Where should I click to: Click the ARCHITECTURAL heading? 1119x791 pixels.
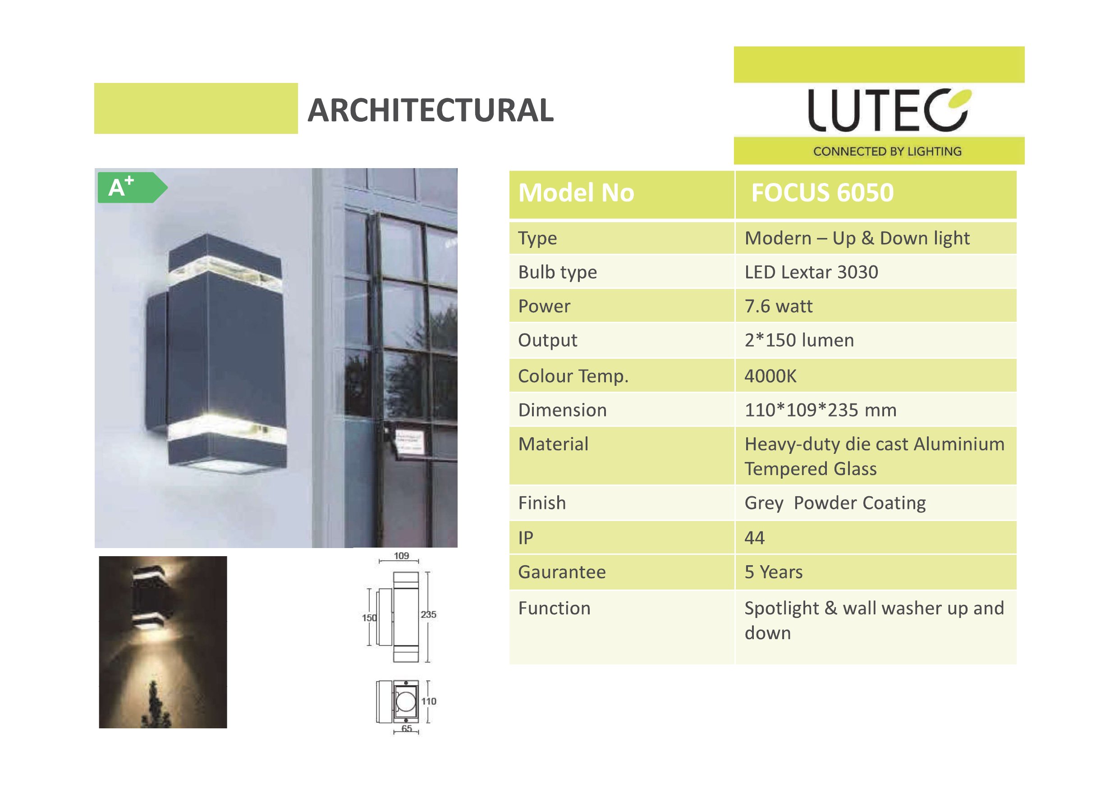pos(431,110)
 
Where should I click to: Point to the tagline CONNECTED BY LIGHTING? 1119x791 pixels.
pos(887,151)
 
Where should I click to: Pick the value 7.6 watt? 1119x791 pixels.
pos(778,306)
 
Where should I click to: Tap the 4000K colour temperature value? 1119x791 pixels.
pos(770,376)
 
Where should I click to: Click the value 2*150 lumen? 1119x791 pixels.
pos(799,340)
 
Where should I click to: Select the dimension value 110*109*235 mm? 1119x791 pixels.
pos(820,410)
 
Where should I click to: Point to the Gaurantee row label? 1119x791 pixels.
pos(562,572)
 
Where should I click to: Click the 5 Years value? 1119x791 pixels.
pos(774,572)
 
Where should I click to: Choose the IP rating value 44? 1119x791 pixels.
pos(754,538)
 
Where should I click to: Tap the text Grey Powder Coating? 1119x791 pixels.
pos(835,503)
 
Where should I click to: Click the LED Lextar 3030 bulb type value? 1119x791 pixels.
pos(812,272)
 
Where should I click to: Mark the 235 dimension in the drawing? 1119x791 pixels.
pos(428,615)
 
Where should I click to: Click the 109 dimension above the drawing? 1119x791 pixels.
pos(401,556)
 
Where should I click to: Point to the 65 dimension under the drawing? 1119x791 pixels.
pos(407,729)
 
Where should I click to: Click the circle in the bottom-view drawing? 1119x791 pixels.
pos(405,702)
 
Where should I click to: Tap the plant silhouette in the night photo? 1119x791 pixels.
pos(155,705)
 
